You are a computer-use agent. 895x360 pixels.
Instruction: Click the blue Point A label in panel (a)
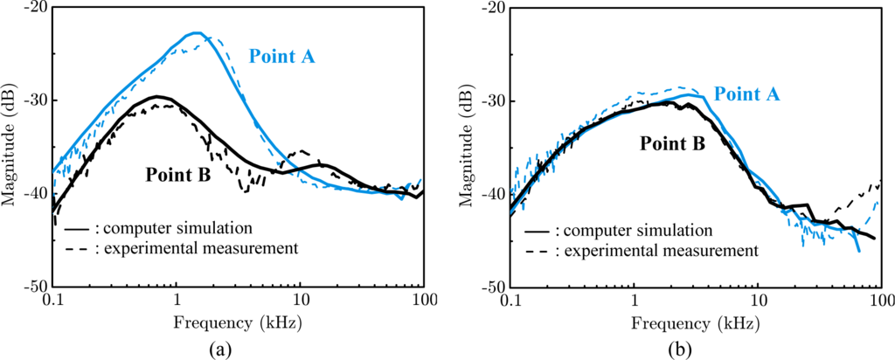[281, 57]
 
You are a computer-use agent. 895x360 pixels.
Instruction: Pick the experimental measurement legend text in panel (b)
[656, 252]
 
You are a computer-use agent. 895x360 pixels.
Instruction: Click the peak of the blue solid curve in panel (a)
[196, 33]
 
